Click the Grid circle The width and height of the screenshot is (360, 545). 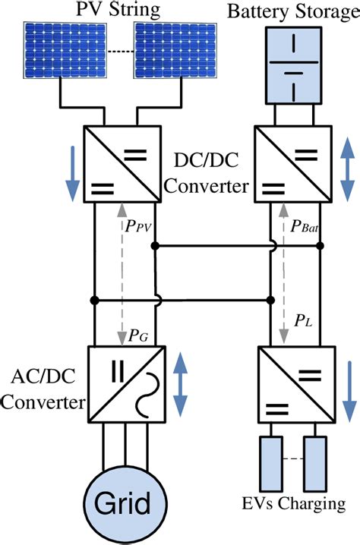pos(122,502)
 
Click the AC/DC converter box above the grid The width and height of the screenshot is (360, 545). pos(123,383)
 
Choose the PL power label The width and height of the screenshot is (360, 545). pos(305,321)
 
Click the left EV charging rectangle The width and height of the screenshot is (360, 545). pos(272,464)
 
